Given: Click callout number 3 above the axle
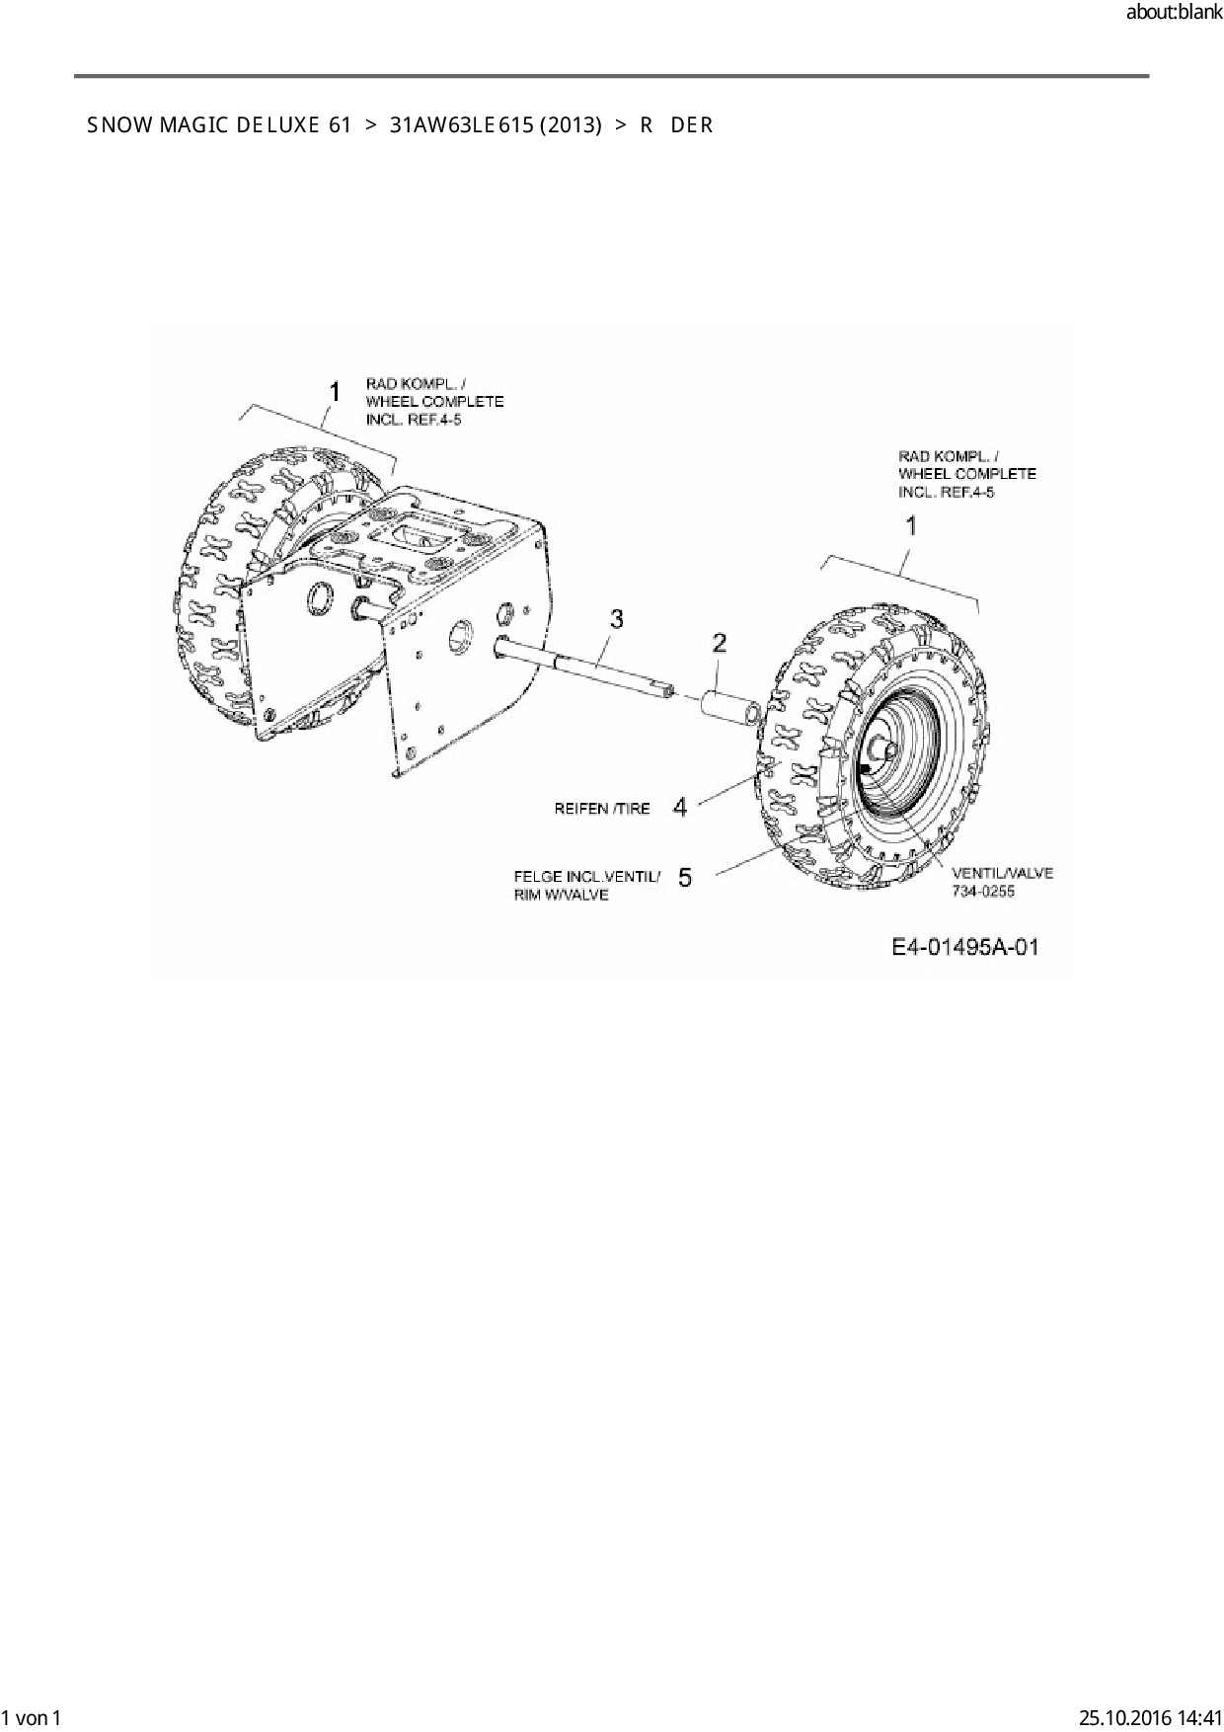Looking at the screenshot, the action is [617, 619].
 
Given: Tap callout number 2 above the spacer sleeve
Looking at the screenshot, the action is [720, 644].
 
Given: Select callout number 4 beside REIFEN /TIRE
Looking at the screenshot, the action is [680, 808].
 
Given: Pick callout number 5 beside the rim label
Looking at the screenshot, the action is [685, 877].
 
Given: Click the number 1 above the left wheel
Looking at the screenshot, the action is [335, 392].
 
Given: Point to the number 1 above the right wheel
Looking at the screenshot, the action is [911, 526].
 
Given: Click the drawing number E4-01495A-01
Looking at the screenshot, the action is [964, 948].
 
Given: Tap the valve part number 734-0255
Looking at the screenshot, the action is [983, 892].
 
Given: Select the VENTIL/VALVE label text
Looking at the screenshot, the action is [1002, 873].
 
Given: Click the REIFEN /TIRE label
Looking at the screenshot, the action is [602, 809].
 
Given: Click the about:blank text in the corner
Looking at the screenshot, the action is [1174, 13].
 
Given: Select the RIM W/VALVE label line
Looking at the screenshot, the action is [562, 895].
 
